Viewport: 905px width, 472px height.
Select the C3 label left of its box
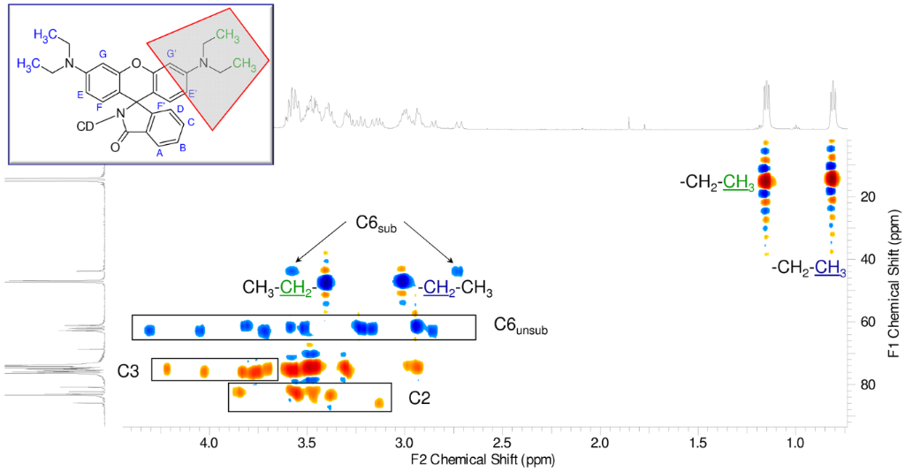click(x=130, y=369)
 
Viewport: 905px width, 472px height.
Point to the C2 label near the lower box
click(x=419, y=399)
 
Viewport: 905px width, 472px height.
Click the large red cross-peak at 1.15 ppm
click(x=765, y=180)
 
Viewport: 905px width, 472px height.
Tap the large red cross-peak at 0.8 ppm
click(x=832, y=179)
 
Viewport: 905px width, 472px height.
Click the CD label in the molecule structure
click(x=85, y=126)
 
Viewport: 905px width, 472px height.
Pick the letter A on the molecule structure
click(x=160, y=153)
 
